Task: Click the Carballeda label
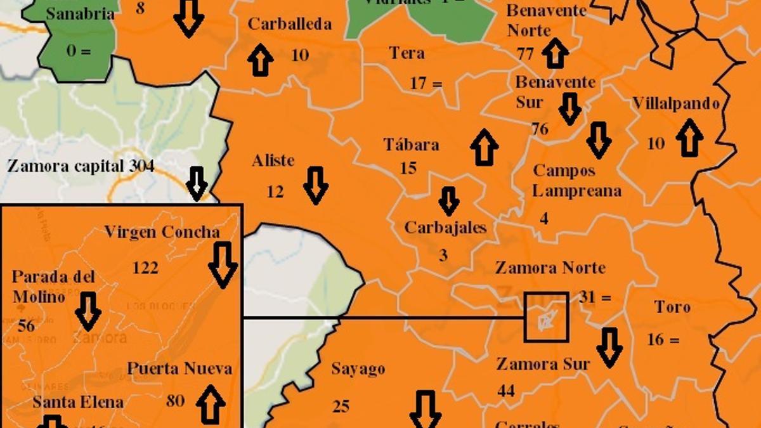pos(289,25)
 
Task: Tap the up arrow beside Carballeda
pos(260,60)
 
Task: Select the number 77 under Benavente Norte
pos(525,54)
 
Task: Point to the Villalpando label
pos(676,104)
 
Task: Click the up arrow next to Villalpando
pos(689,138)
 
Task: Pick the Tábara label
pos(411,145)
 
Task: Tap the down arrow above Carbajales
pos(449,201)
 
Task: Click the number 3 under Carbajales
pos(443,255)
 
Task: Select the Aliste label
pos(273,160)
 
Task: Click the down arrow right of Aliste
pos(315,185)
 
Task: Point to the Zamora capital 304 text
pos(81,166)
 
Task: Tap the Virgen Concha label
pos(162,232)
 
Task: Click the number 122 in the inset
pos(145,268)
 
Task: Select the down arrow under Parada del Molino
pos(88,311)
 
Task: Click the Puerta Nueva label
pos(179,368)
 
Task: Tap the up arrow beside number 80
pos(211,404)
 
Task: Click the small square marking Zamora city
pos(546,316)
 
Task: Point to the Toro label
pos(672,308)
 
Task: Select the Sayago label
pos(358,369)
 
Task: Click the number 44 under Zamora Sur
pos(505,391)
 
